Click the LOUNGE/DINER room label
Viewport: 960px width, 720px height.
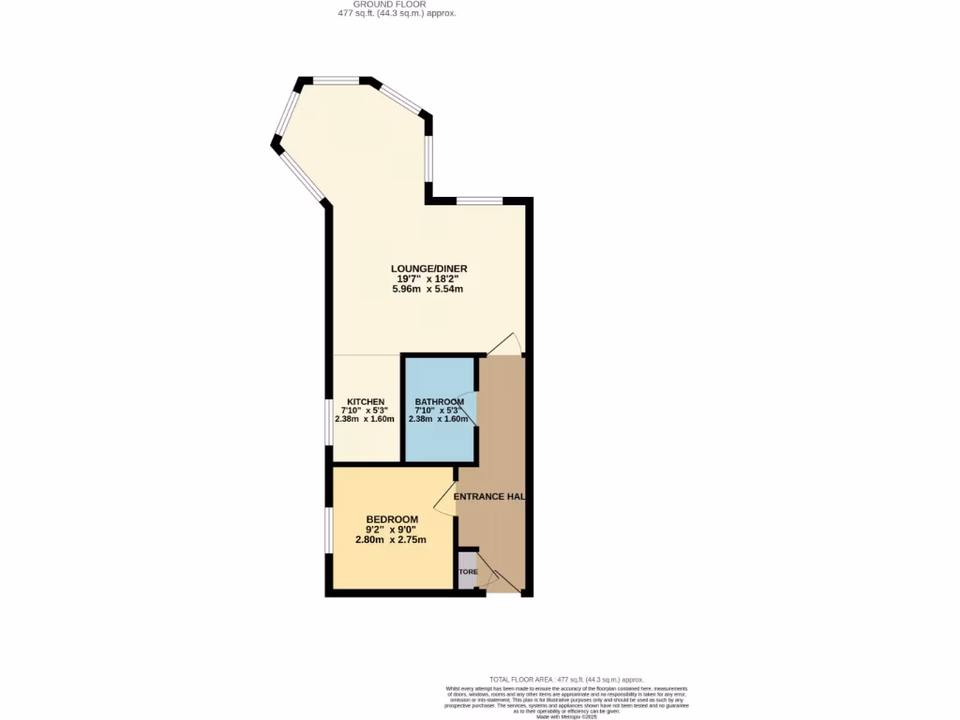[x=428, y=269]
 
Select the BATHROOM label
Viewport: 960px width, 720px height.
[x=439, y=402]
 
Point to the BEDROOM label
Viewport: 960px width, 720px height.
[x=392, y=519]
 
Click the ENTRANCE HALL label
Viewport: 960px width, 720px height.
[x=488, y=497]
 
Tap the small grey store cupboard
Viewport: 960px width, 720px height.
[x=467, y=571]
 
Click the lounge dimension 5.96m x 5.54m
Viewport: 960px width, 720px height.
[x=428, y=290]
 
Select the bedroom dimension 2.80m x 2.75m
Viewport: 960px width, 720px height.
[x=391, y=540]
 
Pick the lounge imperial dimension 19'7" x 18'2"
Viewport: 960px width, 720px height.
[x=428, y=279]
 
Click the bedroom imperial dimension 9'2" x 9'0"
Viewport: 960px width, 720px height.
[x=392, y=530]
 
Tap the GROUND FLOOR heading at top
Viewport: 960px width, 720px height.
[x=397, y=5]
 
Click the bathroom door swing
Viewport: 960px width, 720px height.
[x=468, y=410]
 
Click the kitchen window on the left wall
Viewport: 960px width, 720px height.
[x=329, y=423]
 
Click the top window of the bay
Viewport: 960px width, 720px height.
[x=336, y=82]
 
